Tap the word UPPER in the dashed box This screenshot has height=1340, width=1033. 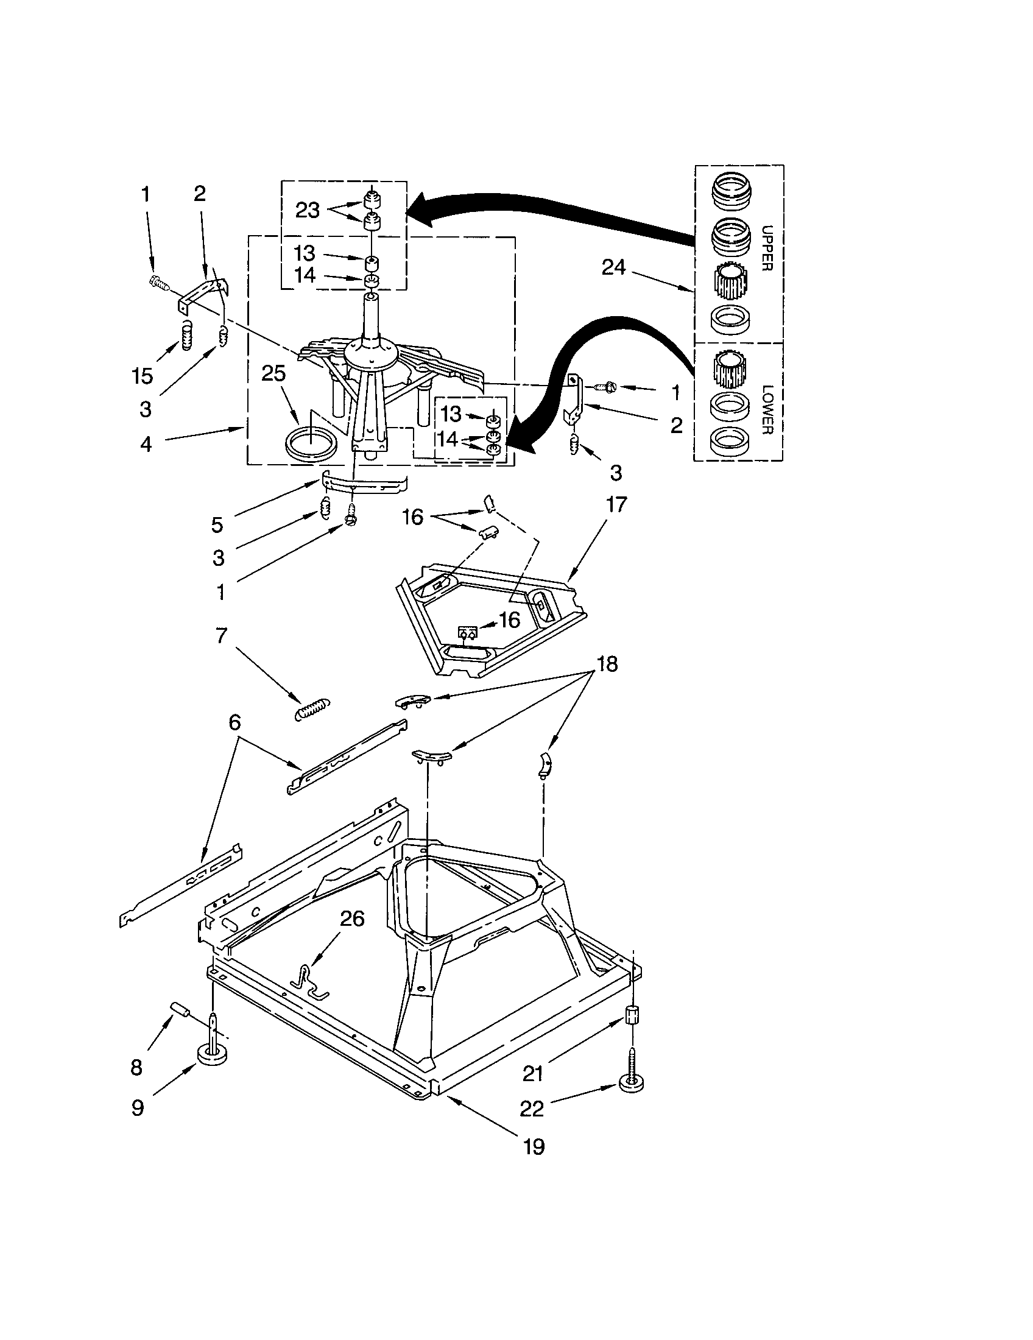click(x=766, y=248)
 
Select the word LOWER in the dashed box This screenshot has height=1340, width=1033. click(x=766, y=409)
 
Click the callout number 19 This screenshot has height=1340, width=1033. click(x=534, y=1147)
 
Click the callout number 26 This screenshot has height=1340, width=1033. click(x=351, y=919)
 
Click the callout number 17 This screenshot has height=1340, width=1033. click(x=616, y=504)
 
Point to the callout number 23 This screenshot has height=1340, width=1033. click(x=308, y=211)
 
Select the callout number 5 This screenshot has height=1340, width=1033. click(x=217, y=524)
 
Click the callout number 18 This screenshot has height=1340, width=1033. click(x=607, y=664)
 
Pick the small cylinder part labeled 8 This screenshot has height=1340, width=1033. click(x=181, y=1009)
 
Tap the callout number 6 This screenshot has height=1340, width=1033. click(x=234, y=723)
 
